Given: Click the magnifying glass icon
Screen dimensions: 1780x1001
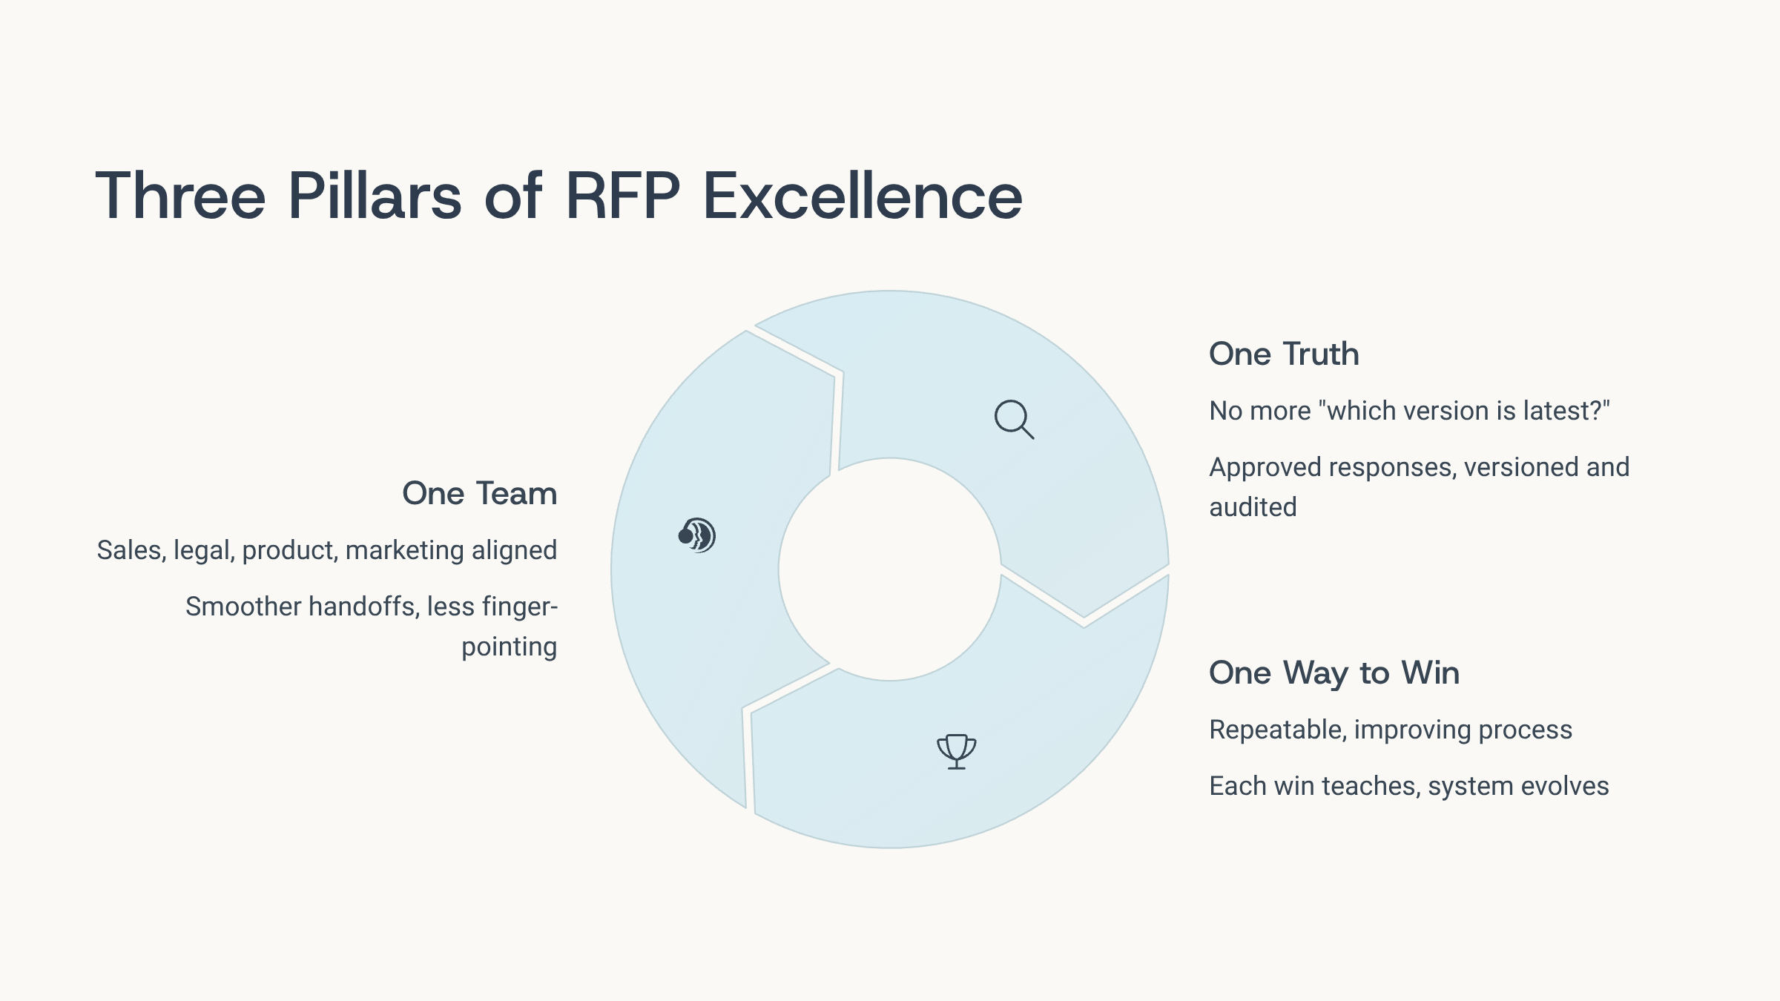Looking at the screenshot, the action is click(x=1014, y=420).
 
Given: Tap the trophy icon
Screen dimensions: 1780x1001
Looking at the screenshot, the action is click(x=957, y=751).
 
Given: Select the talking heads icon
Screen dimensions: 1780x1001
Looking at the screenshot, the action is click(x=696, y=535).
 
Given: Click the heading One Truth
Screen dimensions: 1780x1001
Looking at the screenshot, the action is click(x=1284, y=354).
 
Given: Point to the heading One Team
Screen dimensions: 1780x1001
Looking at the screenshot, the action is click(x=480, y=493).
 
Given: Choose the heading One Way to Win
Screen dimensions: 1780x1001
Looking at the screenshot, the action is click(x=1334, y=673).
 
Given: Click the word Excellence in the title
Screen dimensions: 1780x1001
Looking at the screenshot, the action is click(x=862, y=196).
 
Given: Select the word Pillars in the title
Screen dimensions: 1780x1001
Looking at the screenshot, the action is click(x=375, y=196).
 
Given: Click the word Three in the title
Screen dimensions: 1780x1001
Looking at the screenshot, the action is click(x=180, y=196).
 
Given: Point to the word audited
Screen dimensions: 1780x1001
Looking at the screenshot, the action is click(x=1253, y=507).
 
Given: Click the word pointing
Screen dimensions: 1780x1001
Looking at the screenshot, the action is click(x=509, y=647).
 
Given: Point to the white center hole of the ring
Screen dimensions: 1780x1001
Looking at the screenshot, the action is click(x=890, y=569).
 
